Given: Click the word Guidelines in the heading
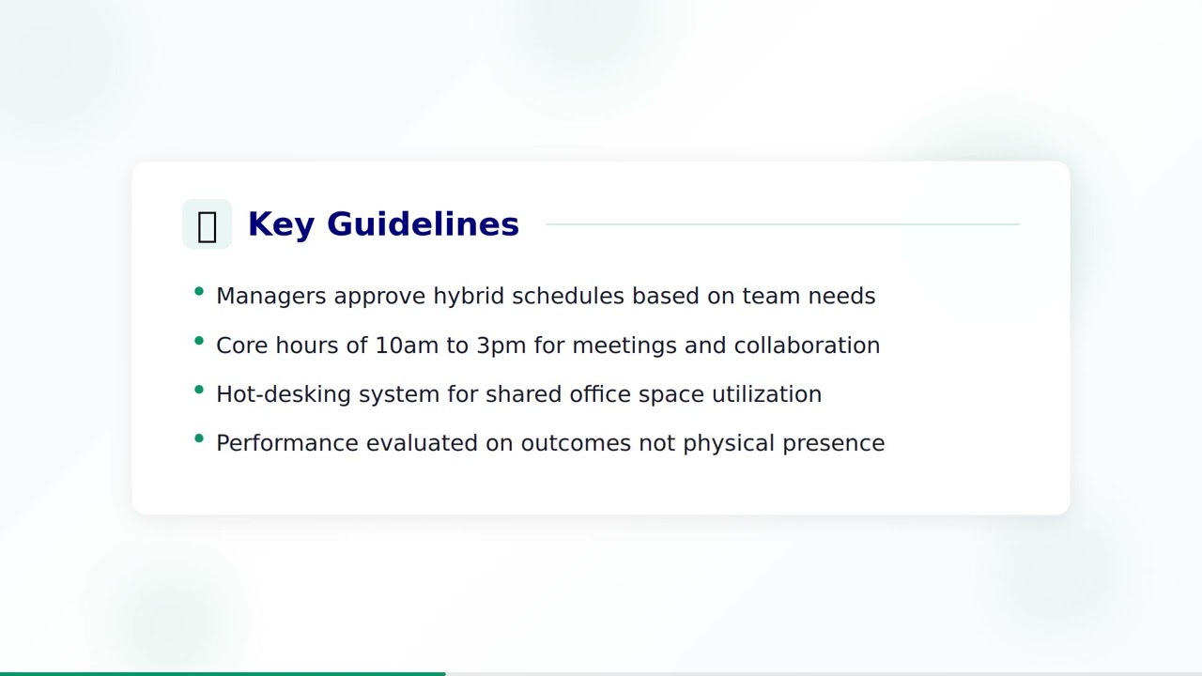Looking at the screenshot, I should [423, 224].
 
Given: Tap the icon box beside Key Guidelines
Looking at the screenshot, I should [207, 224].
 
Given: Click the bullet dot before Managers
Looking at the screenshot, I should [199, 292].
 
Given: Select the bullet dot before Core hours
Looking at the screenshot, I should [199, 341].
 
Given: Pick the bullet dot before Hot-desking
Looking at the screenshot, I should [199, 390].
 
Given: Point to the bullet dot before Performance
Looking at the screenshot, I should [199, 438].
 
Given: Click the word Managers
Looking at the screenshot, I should [271, 296].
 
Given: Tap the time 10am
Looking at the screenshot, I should [407, 346].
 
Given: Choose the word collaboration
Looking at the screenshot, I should [807, 346].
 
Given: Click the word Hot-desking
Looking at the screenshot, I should [284, 394].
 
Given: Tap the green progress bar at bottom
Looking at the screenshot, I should [223, 673].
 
